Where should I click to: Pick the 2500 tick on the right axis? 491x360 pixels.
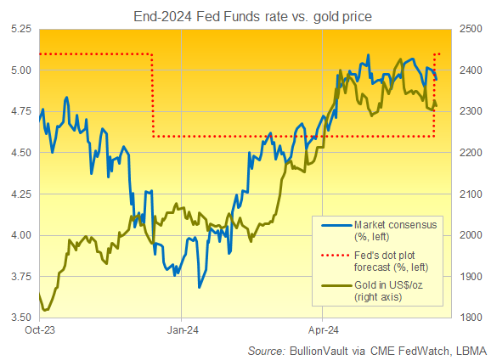[x=473, y=29]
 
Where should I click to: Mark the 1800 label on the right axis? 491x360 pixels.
[x=473, y=318]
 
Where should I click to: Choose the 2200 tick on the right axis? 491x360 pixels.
[x=473, y=153]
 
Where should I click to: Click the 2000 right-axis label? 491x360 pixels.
[x=473, y=235]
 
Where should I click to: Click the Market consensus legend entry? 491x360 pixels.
[x=392, y=229]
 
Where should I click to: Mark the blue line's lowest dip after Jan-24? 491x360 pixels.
[x=199, y=288]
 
